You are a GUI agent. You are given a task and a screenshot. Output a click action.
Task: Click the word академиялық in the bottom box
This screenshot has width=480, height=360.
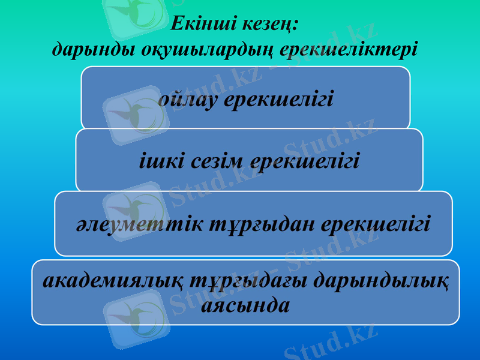click(113, 281)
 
